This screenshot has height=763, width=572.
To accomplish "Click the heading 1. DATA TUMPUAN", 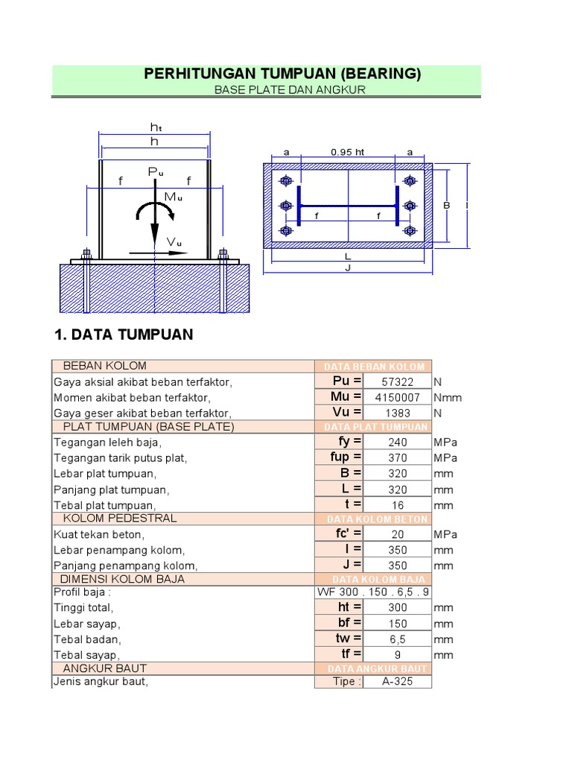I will [x=124, y=335].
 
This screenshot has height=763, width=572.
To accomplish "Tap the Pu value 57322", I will [x=396, y=381].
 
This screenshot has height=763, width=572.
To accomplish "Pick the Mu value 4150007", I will [x=396, y=397].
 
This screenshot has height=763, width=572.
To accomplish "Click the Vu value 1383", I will [x=396, y=413].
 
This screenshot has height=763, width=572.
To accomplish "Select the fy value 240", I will [x=396, y=442].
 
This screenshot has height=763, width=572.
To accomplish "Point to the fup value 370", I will [x=396, y=458].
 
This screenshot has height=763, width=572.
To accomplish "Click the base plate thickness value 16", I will [x=396, y=505].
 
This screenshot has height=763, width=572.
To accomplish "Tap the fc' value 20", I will [x=396, y=534].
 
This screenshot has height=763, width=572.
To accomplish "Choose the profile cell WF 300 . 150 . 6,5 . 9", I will [x=372, y=592].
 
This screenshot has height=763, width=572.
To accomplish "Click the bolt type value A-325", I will [x=396, y=682].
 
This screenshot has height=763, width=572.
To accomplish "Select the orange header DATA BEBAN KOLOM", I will [x=374, y=367].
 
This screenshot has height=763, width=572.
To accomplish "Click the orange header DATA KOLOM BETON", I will [x=377, y=519].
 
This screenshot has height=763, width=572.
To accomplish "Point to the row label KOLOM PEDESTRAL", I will [x=120, y=518].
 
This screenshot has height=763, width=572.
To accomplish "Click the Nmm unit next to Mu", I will [x=447, y=398].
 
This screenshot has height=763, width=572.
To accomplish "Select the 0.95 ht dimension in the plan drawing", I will [x=348, y=152].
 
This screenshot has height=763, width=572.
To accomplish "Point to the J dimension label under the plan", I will [x=348, y=268].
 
